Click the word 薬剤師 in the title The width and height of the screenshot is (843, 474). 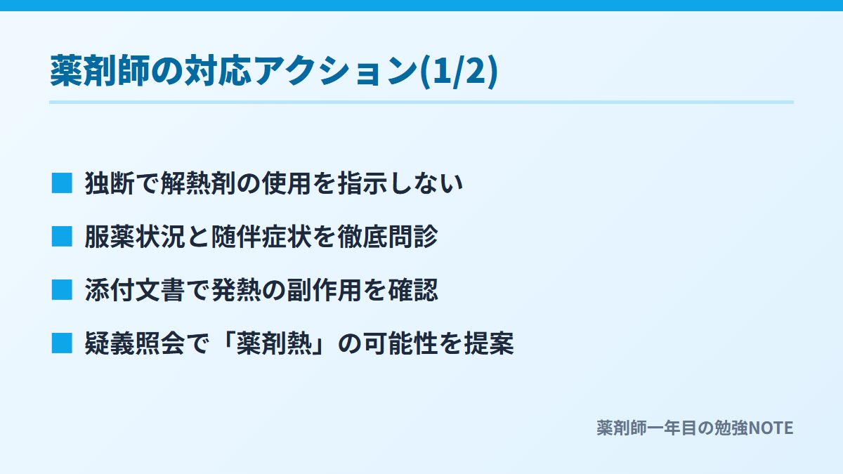point(100,71)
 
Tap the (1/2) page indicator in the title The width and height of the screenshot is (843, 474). point(459,72)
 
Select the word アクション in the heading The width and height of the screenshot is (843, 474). point(336,71)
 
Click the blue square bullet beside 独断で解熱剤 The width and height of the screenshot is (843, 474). point(62,183)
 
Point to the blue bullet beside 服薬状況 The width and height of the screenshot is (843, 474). point(62,237)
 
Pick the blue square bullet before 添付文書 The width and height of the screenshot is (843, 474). point(62,290)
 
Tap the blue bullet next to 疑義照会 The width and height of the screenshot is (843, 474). point(62,343)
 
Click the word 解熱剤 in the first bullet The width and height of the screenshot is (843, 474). point(198,183)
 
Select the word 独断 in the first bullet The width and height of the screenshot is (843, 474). point(110,183)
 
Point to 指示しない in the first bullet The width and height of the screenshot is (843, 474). point(400,183)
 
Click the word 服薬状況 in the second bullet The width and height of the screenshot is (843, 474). point(135,237)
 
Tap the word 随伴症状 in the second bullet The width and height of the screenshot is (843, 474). point(261,237)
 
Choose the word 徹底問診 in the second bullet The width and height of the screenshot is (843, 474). point(388,237)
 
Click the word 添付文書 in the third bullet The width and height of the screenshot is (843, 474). point(135,290)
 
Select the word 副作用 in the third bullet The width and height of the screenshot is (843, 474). point(325,290)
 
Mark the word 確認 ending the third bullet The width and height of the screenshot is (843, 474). point(413,290)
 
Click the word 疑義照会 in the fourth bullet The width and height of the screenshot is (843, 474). point(135,343)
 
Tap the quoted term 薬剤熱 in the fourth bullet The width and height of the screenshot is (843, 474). point(274,343)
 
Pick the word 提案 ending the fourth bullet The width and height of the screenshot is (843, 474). point(489,343)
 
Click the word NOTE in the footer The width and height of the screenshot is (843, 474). point(771,428)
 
